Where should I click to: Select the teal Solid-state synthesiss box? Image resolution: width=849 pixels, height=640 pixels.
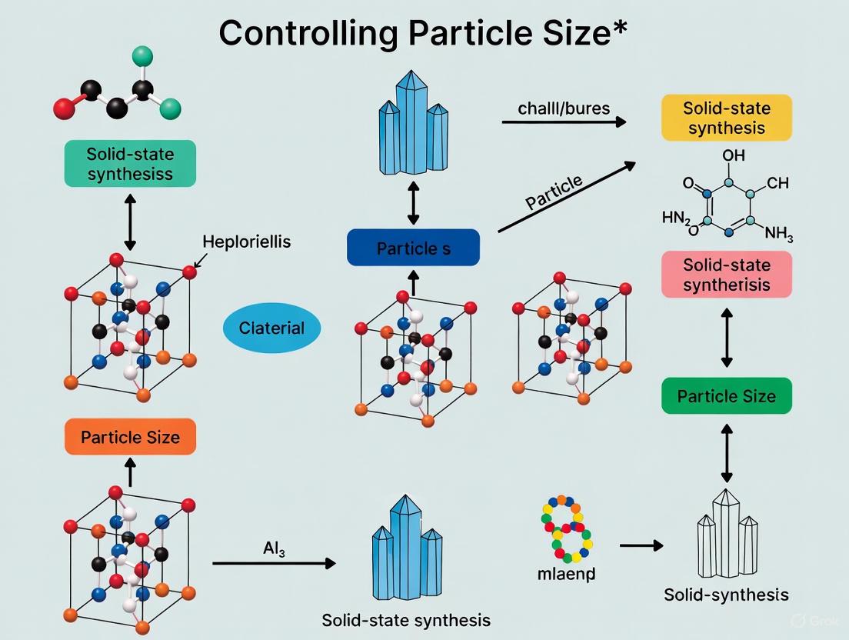130,163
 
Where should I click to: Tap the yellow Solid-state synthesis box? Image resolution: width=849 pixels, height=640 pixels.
727,118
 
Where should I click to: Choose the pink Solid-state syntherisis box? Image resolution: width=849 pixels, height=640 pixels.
727,275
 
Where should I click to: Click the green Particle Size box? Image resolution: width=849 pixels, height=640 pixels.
727,396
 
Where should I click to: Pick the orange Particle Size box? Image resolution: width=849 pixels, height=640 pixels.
130,438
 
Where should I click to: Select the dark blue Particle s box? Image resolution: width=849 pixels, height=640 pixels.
413,248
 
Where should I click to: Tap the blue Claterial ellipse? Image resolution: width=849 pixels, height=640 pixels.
271,328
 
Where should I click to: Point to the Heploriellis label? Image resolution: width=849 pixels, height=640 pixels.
247,242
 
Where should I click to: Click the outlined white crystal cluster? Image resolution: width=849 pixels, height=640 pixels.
727,532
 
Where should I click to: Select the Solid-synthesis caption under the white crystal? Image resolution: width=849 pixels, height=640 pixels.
727,595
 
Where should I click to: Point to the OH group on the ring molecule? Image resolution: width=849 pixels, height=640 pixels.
733,155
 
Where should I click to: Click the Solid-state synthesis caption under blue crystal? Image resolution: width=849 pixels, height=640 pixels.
406,619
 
